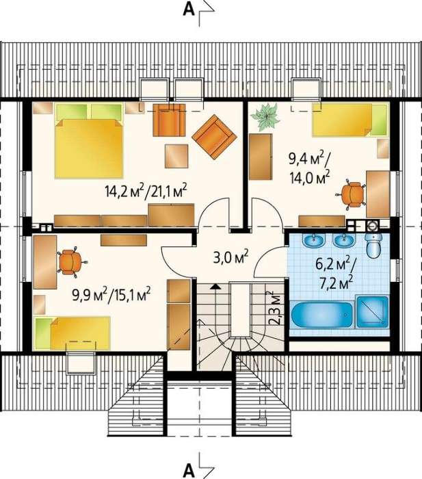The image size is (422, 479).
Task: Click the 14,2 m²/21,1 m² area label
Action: [146, 191]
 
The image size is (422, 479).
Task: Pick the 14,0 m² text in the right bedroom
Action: [309, 177]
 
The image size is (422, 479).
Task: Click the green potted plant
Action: [265, 117]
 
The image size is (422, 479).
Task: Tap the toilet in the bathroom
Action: [374, 245]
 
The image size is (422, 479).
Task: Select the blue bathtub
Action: [321, 315]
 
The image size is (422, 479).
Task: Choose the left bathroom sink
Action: [314, 241]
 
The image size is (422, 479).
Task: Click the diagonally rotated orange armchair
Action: [214, 137]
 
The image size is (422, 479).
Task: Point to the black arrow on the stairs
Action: [215, 286]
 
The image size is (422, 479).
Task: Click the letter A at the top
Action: [188, 10]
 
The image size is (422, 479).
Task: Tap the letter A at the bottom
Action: [188, 471]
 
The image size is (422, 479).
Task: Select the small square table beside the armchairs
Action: [176, 156]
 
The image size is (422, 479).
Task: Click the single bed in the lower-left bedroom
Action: [72, 333]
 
